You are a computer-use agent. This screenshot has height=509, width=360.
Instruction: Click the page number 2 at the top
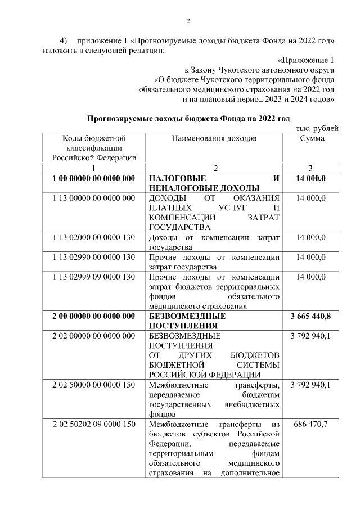189,21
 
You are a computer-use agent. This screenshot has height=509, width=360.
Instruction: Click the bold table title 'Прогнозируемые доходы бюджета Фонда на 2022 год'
188,119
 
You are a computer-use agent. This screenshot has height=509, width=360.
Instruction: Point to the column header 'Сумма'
312,138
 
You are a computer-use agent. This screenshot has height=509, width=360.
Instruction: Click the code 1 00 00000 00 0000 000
93,178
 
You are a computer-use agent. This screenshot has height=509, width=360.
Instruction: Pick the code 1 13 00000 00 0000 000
93,198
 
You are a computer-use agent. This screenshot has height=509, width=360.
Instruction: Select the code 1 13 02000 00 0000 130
93,237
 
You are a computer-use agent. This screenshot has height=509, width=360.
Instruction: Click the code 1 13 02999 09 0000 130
93,277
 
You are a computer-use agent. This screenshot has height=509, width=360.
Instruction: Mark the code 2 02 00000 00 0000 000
93,336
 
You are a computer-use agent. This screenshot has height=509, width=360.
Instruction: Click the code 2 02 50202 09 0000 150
93,424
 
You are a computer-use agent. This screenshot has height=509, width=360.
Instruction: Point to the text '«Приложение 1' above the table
307,60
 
